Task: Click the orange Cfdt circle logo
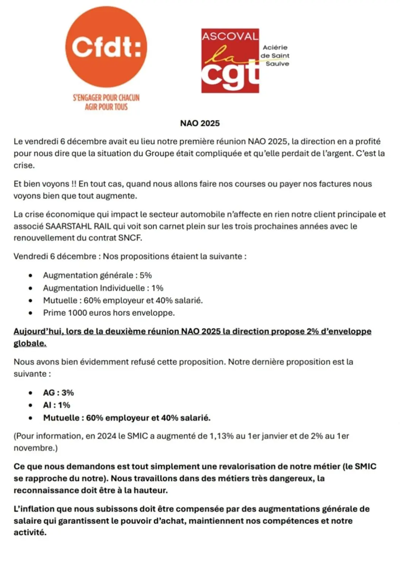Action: (106, 47)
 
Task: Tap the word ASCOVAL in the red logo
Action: (230, 36)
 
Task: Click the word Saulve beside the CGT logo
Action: (277, 64)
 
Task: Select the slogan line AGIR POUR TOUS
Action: (106, 107)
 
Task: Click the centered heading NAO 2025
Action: (200, 123)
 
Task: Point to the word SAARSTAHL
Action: (68, 226)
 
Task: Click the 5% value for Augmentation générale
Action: (145, 275)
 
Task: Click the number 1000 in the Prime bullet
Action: (77, 313)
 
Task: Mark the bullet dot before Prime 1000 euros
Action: (30, 313)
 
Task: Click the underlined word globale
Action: (30, 343)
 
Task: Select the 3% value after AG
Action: (68, 393)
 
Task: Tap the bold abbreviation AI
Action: (47, 405)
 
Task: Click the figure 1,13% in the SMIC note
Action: (221, 436)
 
